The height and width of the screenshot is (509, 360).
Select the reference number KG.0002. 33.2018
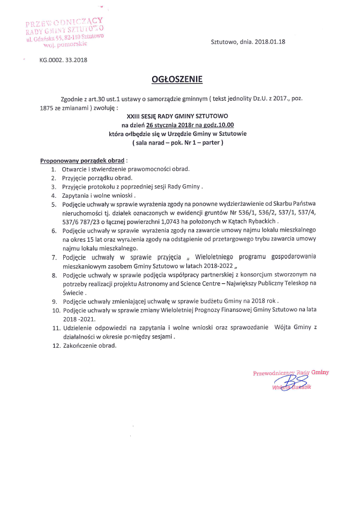(x=63, y=59)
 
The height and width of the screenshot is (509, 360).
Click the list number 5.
(x=54, y=204)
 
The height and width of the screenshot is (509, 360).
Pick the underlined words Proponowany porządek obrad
(x=82, y=161)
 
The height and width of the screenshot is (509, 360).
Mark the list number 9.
(x=54, y=301)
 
